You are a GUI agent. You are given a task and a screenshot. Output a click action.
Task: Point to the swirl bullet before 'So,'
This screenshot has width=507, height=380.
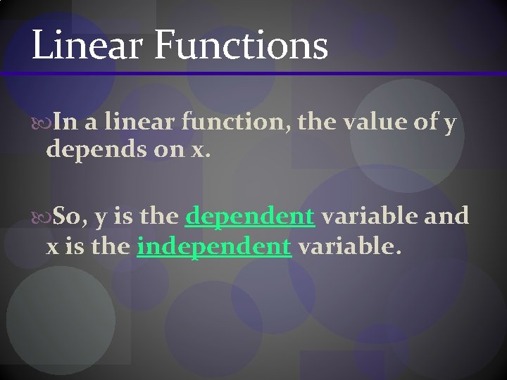(41, 216)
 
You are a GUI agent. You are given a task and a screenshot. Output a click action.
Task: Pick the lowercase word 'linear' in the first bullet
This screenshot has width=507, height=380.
(139, 123)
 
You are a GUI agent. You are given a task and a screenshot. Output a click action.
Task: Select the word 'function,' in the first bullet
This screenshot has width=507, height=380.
(235, 123)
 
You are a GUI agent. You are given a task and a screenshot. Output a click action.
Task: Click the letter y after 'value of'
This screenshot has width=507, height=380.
(451, 125)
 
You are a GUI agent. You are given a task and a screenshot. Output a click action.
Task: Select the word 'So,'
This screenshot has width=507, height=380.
(69, 216)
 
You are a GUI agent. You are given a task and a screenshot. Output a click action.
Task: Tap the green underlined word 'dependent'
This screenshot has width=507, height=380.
(249, 216)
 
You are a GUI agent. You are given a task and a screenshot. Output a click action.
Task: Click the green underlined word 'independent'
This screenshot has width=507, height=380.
(214, 246)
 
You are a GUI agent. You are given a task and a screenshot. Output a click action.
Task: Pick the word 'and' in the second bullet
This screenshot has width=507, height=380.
(446, 215)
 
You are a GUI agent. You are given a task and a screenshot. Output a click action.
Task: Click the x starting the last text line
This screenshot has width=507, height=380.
(51, 247)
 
